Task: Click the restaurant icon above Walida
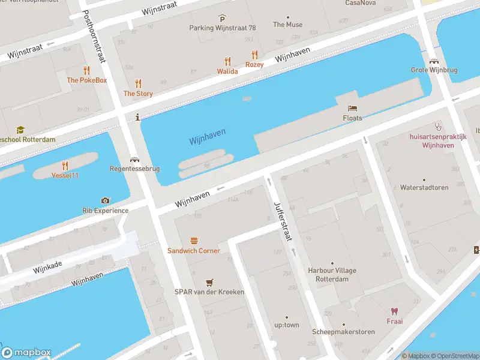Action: click(x=227, y=61)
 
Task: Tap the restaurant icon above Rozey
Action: click(x=254, y=54)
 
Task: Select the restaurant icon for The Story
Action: click(x=138, y=83)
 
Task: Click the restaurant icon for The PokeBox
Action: click(x=86, y=70)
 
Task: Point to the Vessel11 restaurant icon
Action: click(x=65, y=166)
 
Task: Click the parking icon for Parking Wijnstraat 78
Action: click(x=223, y=18)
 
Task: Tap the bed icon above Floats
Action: click(x=353, y=108)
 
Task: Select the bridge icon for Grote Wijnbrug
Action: click(x=434, y=61)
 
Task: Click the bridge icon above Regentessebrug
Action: click(x=134, y=160)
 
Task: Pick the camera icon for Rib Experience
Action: click(x=106, y=200)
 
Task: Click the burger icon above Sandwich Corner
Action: click(x=194, y=241)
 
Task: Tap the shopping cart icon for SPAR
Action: click(x=209, y=282)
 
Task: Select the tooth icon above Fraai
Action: click(x=394, y=311)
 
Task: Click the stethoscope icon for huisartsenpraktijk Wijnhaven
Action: click(x=438, y=127)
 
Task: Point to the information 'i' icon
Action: click(x=138, y=117)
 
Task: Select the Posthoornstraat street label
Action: click(x=94, y=37)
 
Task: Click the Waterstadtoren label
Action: click(x=424, y=187)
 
